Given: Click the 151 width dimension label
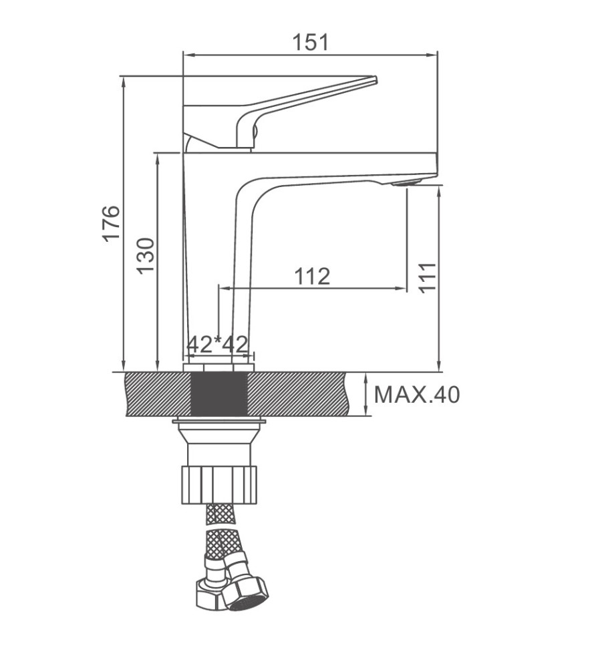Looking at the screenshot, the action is tap(311, 42).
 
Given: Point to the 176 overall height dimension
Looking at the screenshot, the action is tap(112, 223).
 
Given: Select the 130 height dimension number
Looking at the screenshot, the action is tap(146, 256).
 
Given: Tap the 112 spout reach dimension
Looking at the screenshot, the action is tap(312, 277).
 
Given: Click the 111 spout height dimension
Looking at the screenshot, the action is tap(428, 277).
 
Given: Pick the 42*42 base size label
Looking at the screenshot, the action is tap(218, 344).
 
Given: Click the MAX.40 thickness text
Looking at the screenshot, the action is tap(417, 395).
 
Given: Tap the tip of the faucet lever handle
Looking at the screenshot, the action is tap(376, 79).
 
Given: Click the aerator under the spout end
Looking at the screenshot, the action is tap(407, 183).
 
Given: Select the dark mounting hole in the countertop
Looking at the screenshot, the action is tap(218, 393).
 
